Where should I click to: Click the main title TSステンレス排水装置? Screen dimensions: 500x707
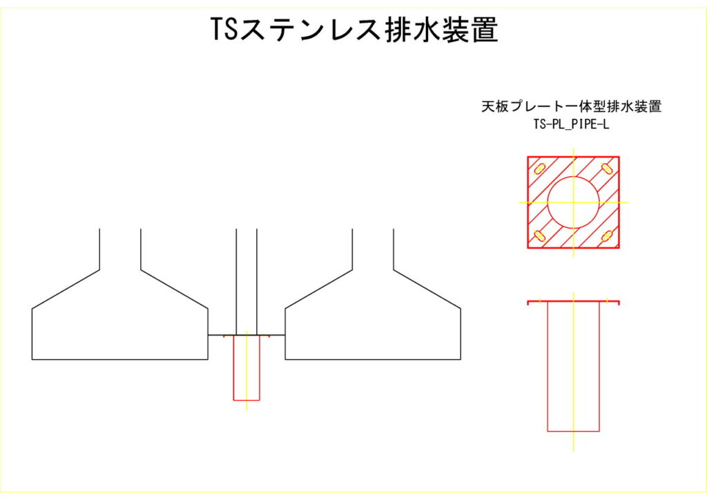[354, 30]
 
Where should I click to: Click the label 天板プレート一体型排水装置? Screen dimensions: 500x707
[571, 107]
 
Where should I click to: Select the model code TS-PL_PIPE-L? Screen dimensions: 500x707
[571, 125]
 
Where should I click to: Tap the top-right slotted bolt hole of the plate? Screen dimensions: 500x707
[607, 168]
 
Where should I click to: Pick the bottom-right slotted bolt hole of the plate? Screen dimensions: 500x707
[607, 236]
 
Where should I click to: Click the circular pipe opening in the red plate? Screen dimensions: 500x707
[573, 202]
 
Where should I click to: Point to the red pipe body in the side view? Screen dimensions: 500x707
[573, 366]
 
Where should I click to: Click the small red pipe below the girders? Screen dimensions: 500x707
[246, 369]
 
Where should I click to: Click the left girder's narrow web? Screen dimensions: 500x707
[120, 249]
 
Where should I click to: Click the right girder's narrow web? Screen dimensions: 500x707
[373, 249]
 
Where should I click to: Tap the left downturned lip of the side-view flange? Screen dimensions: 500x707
[529, 303]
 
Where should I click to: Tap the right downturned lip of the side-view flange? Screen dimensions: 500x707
[619, 303]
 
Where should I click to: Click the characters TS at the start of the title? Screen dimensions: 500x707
[224, 30]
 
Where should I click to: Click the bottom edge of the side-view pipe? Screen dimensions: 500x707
[573, 432]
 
